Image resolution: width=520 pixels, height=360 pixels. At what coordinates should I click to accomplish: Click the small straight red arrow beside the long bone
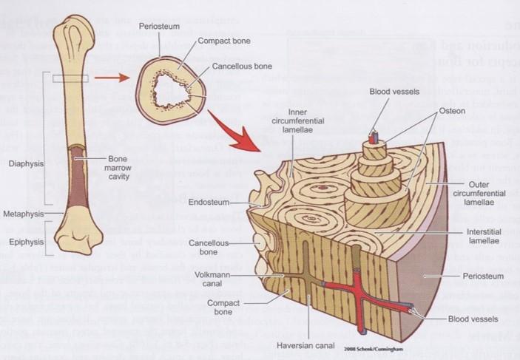tap(109, 76)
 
